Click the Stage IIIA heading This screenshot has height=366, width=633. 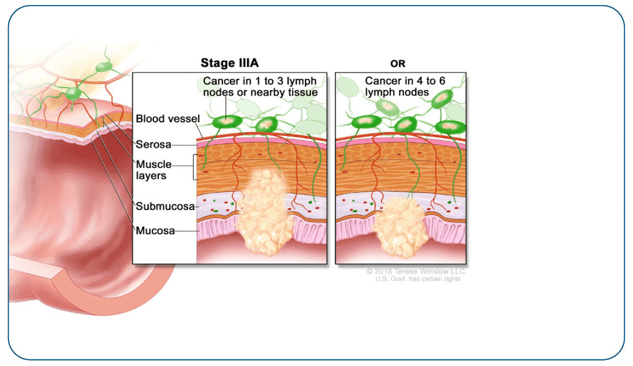click(230, 63)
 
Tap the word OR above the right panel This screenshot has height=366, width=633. click(398, 64)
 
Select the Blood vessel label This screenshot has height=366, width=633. click(167, 119)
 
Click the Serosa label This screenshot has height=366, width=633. click(153, 144)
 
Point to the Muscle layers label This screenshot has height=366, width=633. click(154, 170)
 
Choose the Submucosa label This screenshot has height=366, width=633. click(165, 206)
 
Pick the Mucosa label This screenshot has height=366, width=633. click(155, 231)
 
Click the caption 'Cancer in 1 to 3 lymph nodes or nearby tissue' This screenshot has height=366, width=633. click(260, 87)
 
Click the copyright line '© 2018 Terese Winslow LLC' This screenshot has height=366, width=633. click(415, 271)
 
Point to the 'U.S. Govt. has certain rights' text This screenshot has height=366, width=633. click(418, 279)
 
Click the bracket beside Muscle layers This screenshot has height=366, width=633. click(194, 167)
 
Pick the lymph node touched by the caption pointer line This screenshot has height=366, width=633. click(226, 122)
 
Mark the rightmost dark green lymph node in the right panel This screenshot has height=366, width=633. click(448, 126)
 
